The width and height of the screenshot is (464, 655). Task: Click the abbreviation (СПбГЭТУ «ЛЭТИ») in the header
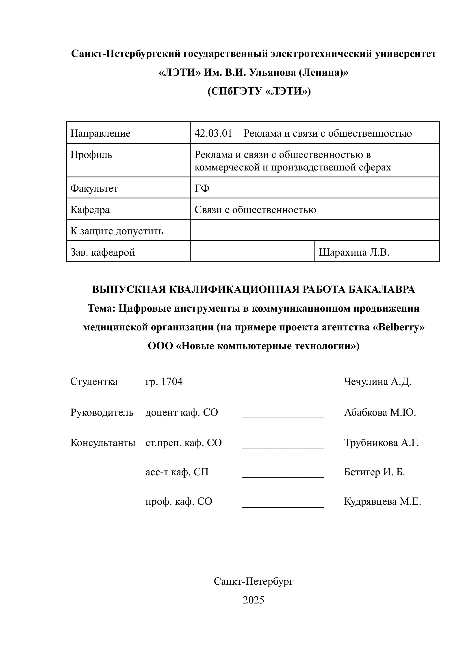tap(259, 91)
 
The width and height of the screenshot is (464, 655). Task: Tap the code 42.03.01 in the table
tap(213, 133)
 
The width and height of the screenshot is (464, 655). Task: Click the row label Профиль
tap(91, 155)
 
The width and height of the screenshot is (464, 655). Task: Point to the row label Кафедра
tap(90, 210)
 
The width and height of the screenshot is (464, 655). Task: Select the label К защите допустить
tap(117, 231)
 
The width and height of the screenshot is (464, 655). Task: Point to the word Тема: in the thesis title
tap(101, 308)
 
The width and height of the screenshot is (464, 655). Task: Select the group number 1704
tap(172, 381)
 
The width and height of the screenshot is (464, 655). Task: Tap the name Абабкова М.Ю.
tap(380, 412)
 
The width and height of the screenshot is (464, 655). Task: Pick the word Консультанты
tap(103, 443)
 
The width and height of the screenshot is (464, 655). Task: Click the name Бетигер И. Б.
tap(374, 472)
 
